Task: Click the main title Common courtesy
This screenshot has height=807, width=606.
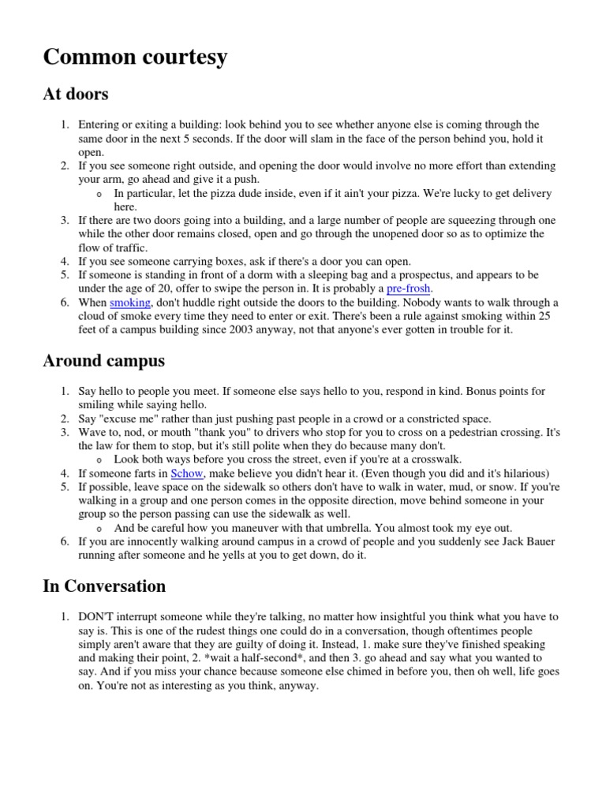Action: point(135,57)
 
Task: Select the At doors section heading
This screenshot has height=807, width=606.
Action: point(75,95)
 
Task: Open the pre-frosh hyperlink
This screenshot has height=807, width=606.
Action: point(409,288)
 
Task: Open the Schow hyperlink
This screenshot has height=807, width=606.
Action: point(186,473)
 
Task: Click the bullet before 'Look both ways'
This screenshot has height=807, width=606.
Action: point(97,459)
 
